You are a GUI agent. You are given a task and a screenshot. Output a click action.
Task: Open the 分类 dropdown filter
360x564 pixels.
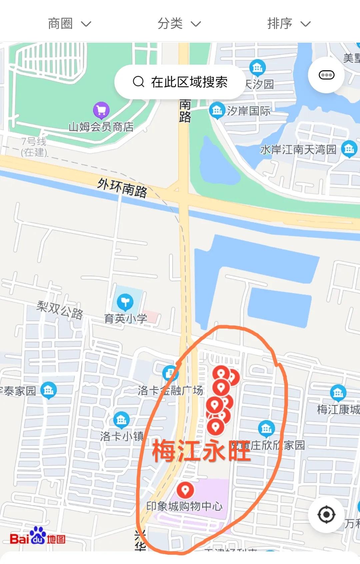(x=179, y=24)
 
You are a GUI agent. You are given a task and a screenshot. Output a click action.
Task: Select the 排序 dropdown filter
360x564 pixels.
(x=289, y=24)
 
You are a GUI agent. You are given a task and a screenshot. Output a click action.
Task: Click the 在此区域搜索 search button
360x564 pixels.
(x=180, y=82)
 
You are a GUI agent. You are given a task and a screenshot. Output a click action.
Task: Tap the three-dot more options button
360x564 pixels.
(x=326, y=75)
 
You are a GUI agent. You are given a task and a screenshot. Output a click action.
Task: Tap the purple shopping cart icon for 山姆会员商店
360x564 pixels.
(x=101, y=110)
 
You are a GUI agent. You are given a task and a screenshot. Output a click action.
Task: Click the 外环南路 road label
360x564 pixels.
(x=122, y=188)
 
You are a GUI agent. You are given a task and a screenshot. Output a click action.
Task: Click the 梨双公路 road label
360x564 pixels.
(x=60, y=309)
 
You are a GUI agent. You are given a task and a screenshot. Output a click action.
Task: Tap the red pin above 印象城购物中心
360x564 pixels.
(x=185, y=490)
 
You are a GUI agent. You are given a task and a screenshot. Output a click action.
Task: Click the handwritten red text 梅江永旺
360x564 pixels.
(x=201, y=451)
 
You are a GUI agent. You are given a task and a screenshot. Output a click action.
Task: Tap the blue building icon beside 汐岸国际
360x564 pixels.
(x=217, y=110)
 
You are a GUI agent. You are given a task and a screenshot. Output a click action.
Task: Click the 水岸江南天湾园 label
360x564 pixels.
(x=298, y=150)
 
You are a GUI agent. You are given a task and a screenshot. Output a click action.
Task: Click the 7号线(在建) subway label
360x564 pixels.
(x=34, y=147)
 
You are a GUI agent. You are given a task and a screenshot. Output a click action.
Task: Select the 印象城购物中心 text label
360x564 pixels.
(x=184, y=506)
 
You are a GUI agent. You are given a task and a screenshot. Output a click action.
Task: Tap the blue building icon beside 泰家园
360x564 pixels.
(x=49, y=389)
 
